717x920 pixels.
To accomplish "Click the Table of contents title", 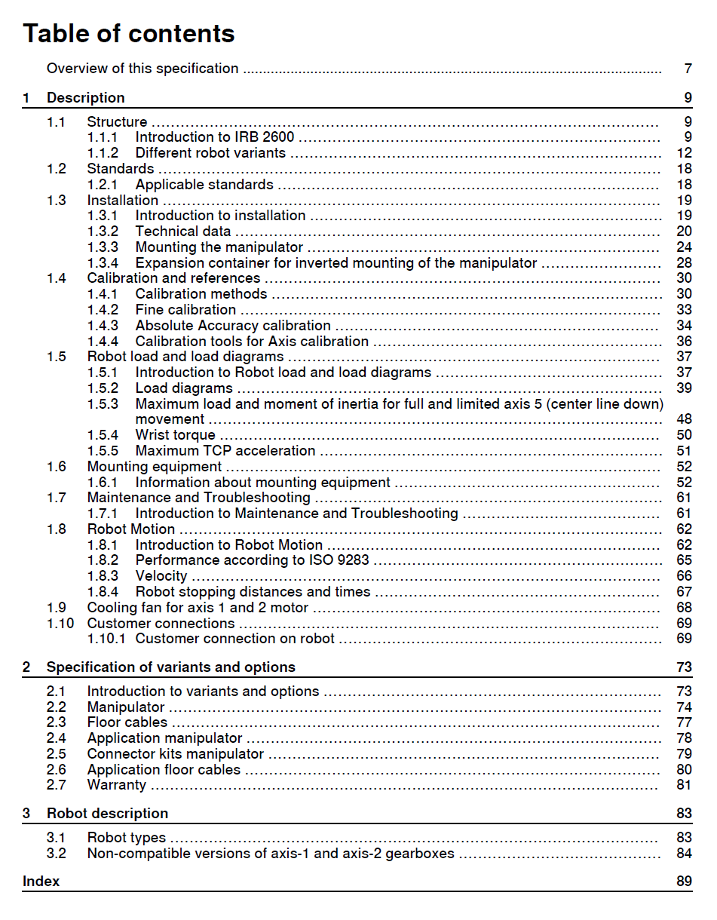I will pyautogui.click(x=129, y=34).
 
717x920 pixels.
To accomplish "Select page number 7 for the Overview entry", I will pyautogui.click(x=688, y=69).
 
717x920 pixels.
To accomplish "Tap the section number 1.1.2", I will pyautogui.click(x=103, y=153).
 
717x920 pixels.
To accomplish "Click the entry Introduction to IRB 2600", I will pyautogui.click(x=214, y=137).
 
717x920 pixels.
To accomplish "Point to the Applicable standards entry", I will pyautogui.click(x=204, y=185).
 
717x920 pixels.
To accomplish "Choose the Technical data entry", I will pyautogui.click(x=183, y=232).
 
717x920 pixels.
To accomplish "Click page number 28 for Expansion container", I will pyautogui.click(x=684, y=263).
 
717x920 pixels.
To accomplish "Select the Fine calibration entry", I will pyautogui.click(x=185, y=310).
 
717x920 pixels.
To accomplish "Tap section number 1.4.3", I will pyautogui.click(x=103, y=326).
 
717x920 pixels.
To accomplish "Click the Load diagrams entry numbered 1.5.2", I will pyautogui.click(x=184, y=388).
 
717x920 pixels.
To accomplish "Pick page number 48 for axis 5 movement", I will pyautogui.click(x=684, y=419).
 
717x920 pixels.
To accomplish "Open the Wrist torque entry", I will pyautogui.click(x=175, y=435).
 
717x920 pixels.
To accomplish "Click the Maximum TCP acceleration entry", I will pyautogui.click(x=225, y=451).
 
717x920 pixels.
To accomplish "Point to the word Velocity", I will pyautogui.click(x=161, y=576).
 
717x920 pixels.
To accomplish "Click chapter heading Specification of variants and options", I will pyautogui.click(x=171, y=667).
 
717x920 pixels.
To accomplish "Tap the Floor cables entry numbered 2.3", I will pyautogui.click(x=127, y=722).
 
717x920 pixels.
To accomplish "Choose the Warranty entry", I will pyautogui.click(x=117, y=785).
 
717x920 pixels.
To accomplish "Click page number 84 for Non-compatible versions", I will pyautogui.click(x=684, y=854).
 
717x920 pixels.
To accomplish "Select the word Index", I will pyautogui.click(x=41, y=882).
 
